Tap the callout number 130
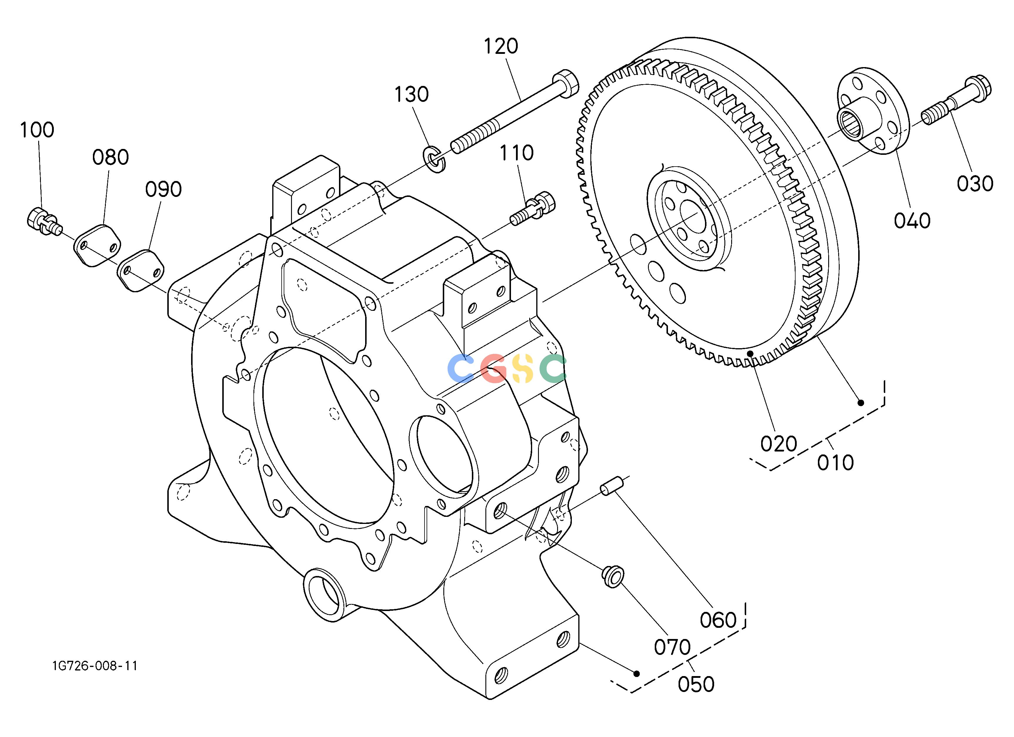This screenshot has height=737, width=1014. coord(411,94)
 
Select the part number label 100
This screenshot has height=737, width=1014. coord(37,130)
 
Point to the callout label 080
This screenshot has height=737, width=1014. coord(111,157)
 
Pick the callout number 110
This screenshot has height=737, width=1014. coord(516,153)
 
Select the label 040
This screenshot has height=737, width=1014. coord(912,221)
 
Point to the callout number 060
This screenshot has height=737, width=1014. coord(718,620)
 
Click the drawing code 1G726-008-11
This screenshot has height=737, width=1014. coord(95,666)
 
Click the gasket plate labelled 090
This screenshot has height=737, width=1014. coord(141,271)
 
